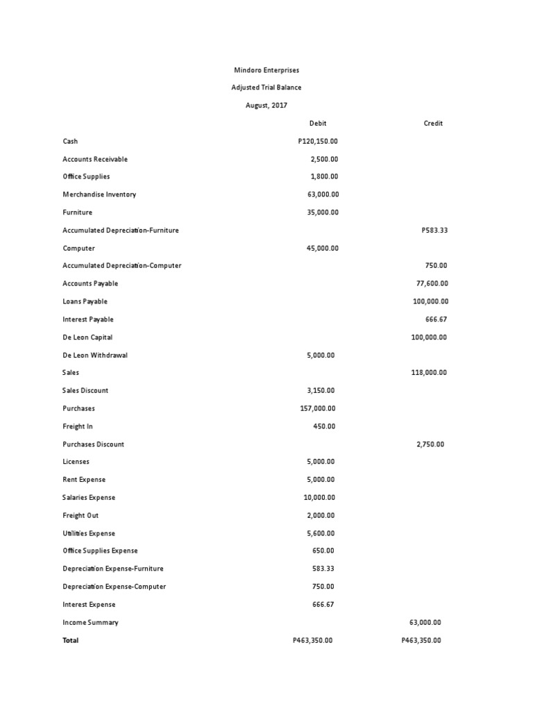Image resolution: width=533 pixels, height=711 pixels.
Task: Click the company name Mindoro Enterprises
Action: (266, 70)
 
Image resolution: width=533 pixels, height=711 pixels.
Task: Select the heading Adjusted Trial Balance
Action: (266, 87)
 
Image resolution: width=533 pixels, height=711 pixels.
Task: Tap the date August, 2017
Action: (266, 106)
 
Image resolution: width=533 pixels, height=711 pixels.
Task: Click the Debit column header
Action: (318, 124)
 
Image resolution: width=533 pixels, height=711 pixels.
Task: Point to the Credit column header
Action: (433, 124)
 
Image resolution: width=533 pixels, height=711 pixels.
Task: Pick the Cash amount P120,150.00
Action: (318, 141)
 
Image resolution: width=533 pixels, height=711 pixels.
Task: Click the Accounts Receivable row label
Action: (95, 159)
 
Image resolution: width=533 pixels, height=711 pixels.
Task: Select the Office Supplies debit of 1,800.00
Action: (324, 176)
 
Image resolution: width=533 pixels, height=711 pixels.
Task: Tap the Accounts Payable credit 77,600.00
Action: (432, 283)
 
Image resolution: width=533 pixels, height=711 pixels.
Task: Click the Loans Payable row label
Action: (85, 301)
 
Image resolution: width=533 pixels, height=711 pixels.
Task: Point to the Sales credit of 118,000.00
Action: (429, 373)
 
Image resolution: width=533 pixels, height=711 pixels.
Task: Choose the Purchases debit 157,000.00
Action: (318, 408)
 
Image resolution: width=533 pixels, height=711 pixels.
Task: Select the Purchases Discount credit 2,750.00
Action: (430, 444)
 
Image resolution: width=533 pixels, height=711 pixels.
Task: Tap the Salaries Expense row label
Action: (89, 497)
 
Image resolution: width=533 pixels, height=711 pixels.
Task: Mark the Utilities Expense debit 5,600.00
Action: (321, 533)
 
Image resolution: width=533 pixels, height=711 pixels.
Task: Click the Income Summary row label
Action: (90, 623)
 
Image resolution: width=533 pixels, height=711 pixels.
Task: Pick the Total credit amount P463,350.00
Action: (421, 640)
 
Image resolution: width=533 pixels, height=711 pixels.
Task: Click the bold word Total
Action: (71, 640)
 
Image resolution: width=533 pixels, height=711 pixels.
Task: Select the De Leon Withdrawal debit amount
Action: (321, 355)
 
